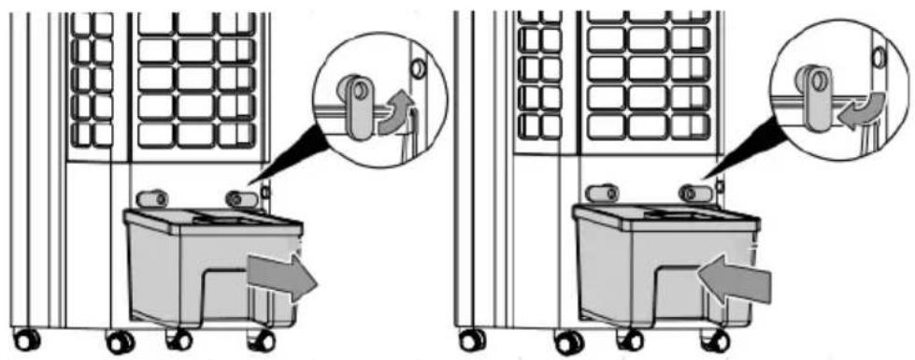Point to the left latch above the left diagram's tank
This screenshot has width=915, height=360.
pyautogui.click(x=151, y=198)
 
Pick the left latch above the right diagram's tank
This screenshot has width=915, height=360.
pyautogui.click(x=600, y=194)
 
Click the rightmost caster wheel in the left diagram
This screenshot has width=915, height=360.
pyautogui.click(x=261, y=340)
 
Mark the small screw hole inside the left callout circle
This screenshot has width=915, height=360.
pyautogui.click(x=417, y=69)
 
